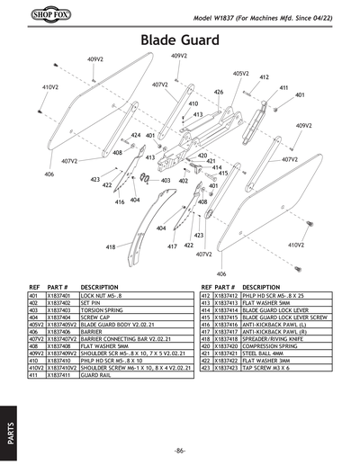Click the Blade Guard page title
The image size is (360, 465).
pos(180,40)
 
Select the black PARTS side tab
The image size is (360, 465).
pos(8,428)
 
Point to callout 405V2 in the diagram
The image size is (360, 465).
pos(240,74)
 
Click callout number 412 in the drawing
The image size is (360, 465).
pos(265,78)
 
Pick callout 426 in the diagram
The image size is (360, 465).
pos(218,92)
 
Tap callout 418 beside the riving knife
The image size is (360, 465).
pos(111,246)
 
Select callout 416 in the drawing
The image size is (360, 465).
pos(120,202)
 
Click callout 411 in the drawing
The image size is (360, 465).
pos(283,87)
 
